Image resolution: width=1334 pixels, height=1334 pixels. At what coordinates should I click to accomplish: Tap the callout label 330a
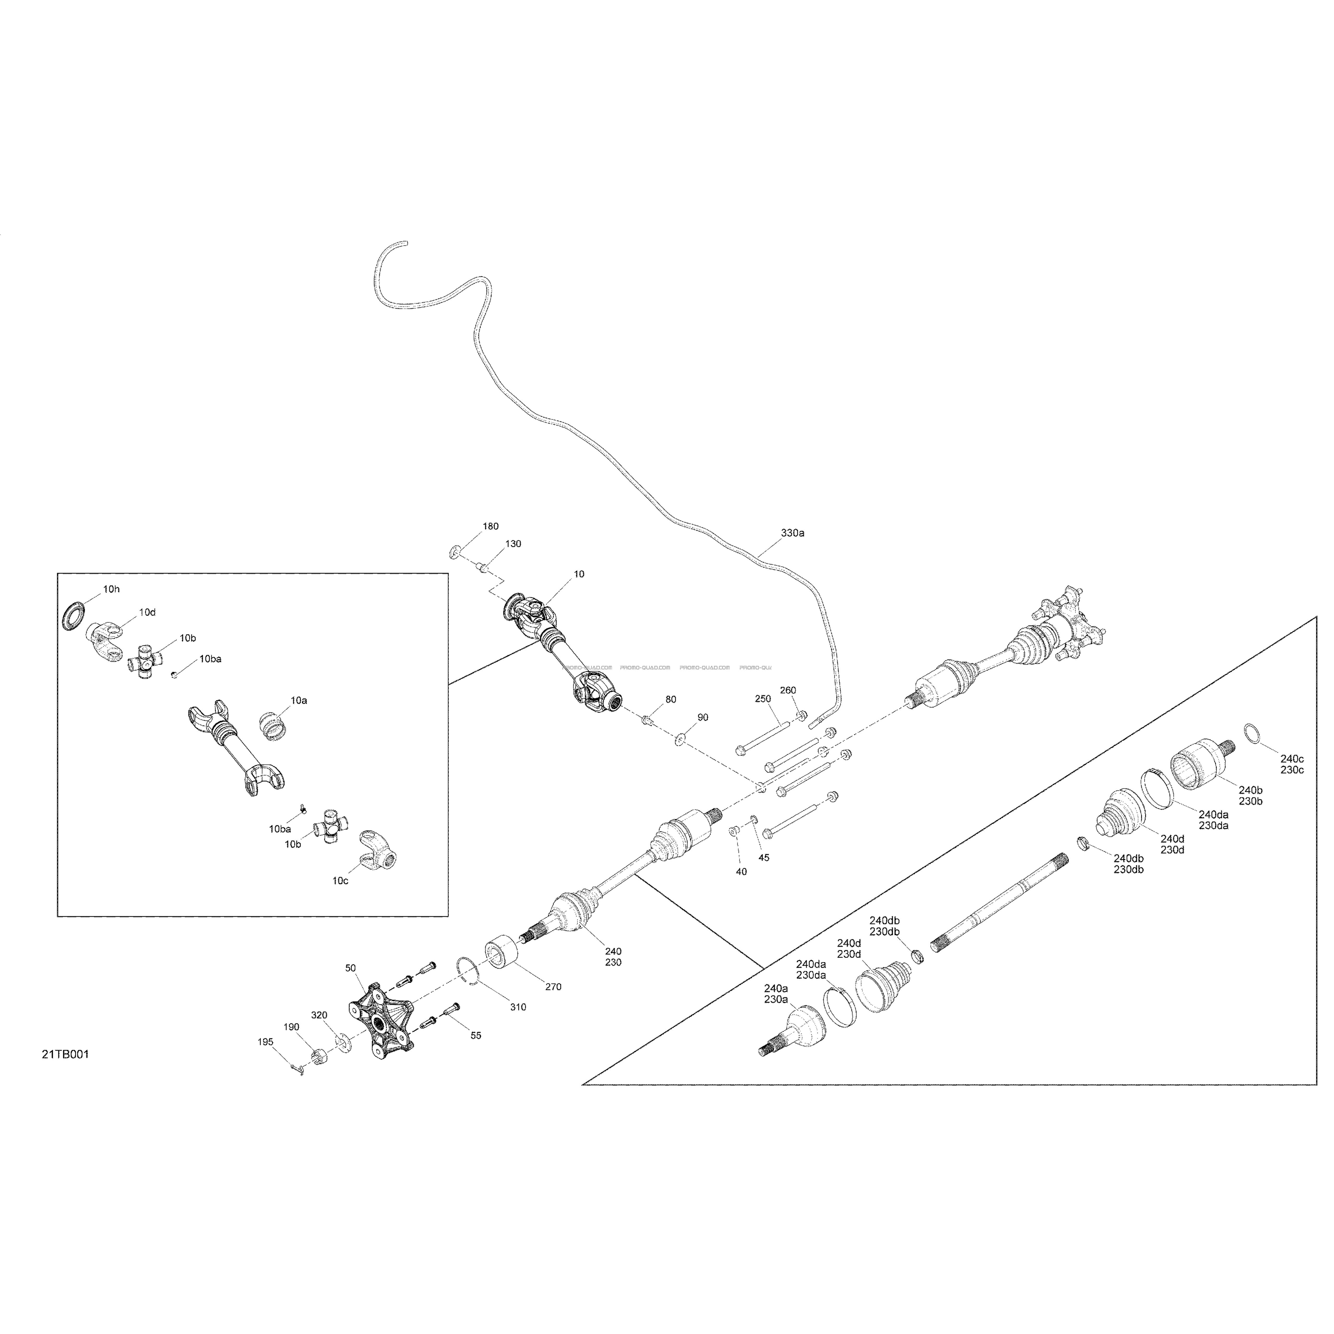[793, 533]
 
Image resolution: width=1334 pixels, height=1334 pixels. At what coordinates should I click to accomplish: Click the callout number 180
[490, 526]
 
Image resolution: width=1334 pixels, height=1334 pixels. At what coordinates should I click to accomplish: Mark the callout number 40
[741, 871]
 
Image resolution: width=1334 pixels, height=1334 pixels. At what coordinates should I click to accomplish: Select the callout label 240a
[776, 988]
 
